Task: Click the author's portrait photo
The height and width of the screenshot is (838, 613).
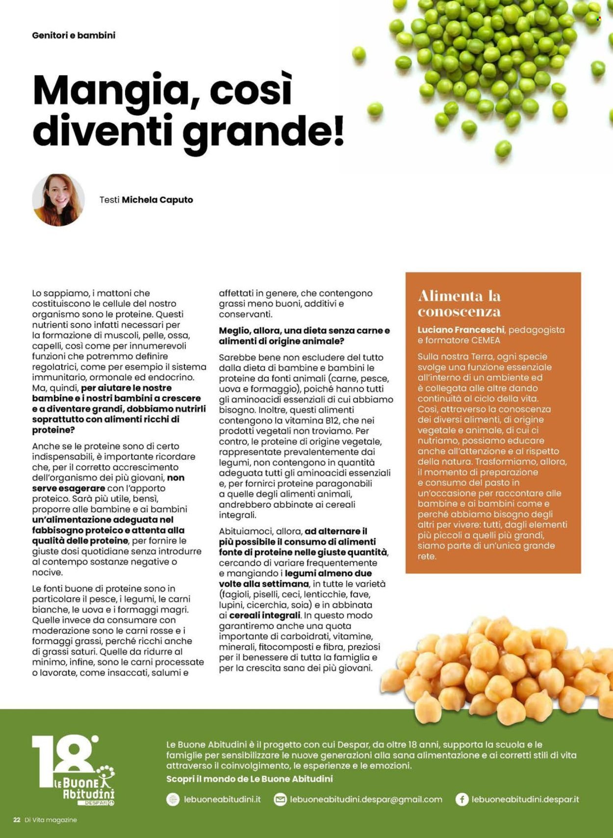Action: (x=58, y=200)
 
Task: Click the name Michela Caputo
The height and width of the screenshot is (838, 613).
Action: (x=157, y=200)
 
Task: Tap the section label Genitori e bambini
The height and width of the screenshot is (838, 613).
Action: (x=74, y=35)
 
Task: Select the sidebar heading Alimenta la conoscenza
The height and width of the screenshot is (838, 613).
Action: (x=459, y=303)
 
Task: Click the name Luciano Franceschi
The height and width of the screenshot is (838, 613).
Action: (x=460, y=330)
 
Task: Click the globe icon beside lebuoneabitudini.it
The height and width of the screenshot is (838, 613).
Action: (x=173, y=799)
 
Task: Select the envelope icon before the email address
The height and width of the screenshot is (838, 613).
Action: (x=280, y=799)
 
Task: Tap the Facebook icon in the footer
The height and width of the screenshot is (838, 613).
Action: (x=461, y=799)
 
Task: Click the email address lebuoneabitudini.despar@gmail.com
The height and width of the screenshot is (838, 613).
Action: (x=366, y=799)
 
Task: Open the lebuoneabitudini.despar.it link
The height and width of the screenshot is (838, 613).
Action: (x=525, y=799)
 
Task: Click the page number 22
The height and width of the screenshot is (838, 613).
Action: (x=17, y=820)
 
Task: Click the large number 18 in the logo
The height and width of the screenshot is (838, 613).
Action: (x=64, y=756)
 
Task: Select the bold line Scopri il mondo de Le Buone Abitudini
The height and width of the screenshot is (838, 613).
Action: (x=249, y=779)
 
